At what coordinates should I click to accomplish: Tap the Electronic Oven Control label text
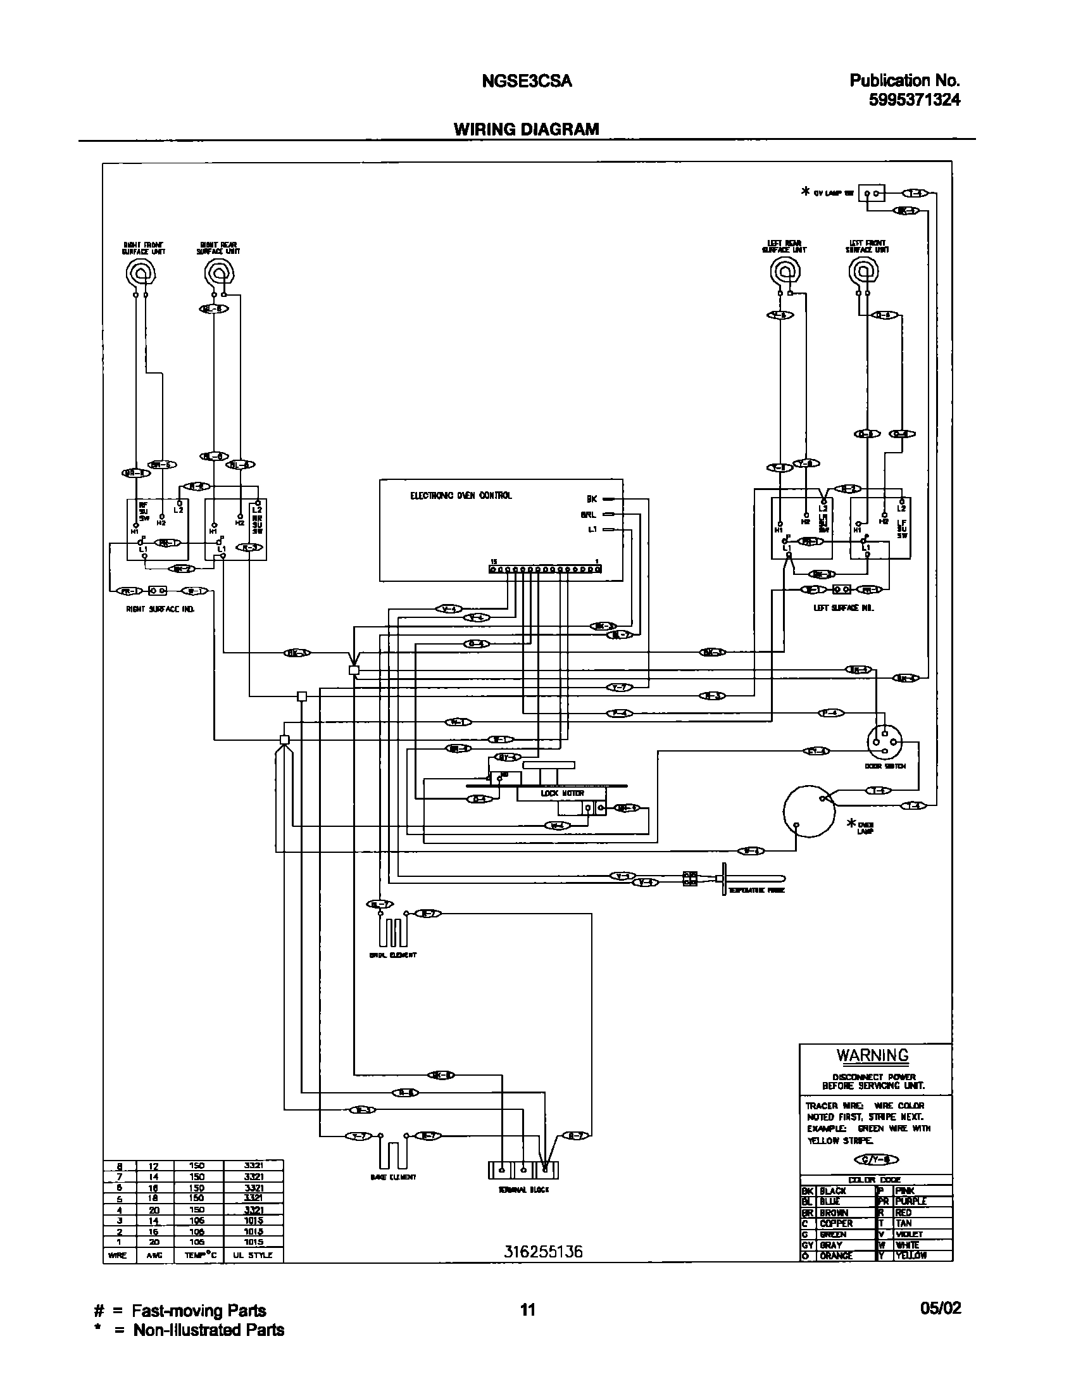pyautogui.click(x=461, y=496)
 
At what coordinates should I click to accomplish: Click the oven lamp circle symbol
pyautogui.click(x=809, y=812)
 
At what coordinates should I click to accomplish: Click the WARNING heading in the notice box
pyautogui.click(x=872, y=1055)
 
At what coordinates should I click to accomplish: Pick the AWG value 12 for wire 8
pyautogui.click(x=153, y=1166)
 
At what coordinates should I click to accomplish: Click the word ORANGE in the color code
pyautogui.click(x=836, y=1256)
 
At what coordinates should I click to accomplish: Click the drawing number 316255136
pyautogui.click(x=543, y=1252)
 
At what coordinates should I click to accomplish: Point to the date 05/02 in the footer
pyautogui.click(x=941, y=1309)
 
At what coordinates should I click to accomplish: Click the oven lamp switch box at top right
pyautogui.click(x=872, y=194)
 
